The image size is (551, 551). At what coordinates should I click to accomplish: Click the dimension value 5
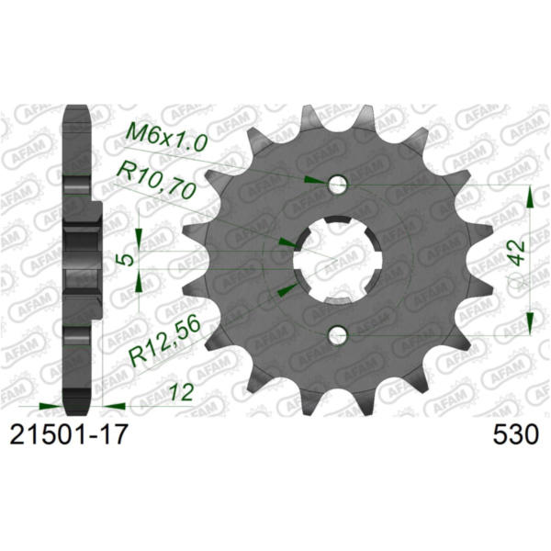[129, 260]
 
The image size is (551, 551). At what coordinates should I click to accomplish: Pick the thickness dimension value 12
[181, 393]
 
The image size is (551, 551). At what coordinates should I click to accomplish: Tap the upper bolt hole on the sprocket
[338, 186]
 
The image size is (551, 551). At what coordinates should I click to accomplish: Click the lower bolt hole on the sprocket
[338, 334]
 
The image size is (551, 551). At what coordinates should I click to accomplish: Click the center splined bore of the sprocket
[337, 261]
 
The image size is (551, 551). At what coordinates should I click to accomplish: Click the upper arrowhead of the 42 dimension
[530, 193]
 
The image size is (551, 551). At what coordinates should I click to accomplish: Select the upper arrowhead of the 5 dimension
[138, 241]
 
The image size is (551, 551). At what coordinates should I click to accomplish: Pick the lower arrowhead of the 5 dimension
[138, 280]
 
